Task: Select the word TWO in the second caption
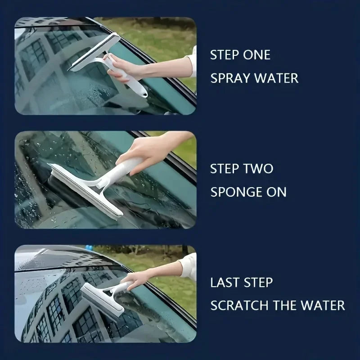[x=258, y=169]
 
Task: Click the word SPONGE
[x=235, y=192]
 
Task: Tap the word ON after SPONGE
[x=275, y=192]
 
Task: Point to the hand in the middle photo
[x=139, y=151]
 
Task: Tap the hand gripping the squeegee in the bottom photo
[x=135, y=279]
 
